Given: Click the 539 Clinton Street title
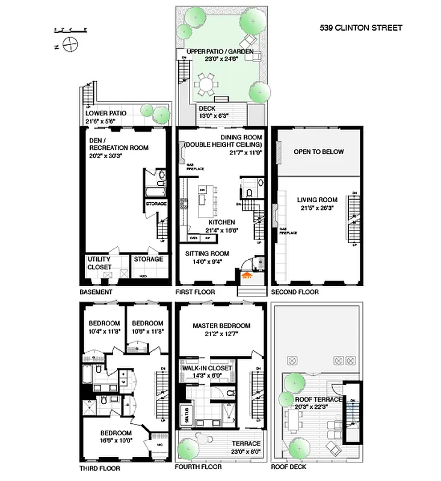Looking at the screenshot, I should tap(360, 28).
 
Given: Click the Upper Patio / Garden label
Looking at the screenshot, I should tap(220, 52).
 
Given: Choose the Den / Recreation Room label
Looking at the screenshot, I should tap(118, 143).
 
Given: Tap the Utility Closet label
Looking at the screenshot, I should tap(99, 263).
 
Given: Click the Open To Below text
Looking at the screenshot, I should tap(318, 152).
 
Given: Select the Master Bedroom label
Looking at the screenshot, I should tap(221, 326).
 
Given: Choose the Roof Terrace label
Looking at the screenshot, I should tap(318, 399).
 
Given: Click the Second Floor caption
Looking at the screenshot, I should tap(295, 292).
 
